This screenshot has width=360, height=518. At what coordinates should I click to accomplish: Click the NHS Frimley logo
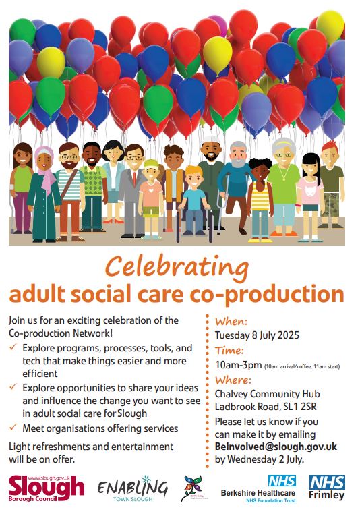point(327,488)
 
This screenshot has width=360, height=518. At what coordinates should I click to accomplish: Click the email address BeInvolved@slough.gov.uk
point(276,447)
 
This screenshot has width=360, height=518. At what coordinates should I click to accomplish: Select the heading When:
point(231,322)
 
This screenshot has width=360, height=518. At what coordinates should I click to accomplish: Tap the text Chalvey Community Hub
point(267,394)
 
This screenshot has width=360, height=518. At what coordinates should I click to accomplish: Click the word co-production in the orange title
point(276,294)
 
